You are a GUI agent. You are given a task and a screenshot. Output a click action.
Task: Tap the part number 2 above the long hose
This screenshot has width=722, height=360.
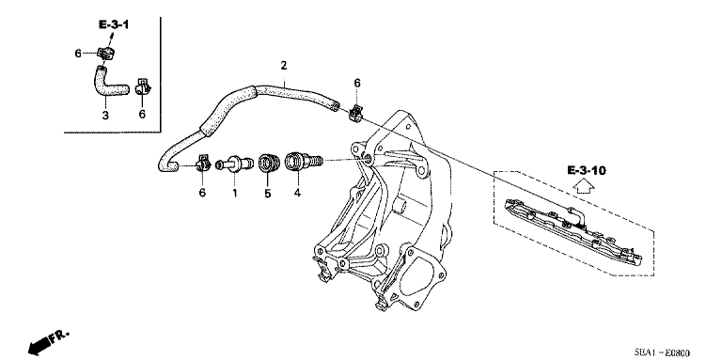tap(282, 65)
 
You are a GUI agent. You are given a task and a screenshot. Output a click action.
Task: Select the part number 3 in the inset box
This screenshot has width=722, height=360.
tap(105, 115)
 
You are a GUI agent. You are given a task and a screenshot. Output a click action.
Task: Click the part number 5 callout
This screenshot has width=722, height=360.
tap(267, 194)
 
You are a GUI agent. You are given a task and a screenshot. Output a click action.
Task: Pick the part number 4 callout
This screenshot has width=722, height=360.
tap(298, 194)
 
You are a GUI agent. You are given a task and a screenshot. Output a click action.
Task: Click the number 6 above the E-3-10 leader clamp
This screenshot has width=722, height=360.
tap(357, 84)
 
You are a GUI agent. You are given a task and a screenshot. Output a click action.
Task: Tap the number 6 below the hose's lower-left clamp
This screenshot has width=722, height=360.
tap(201, 193)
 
